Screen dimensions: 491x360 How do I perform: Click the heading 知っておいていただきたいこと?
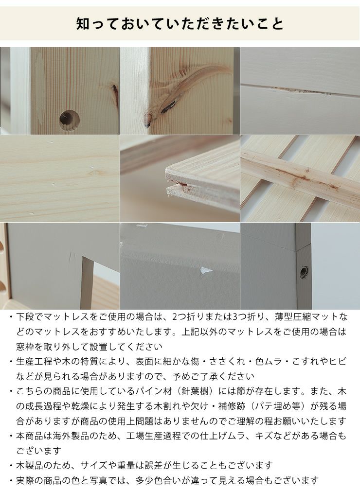tap(180, 23)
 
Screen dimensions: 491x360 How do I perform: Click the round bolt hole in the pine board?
tap(69, 120)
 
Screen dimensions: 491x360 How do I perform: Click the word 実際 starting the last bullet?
tap(25, 480)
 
